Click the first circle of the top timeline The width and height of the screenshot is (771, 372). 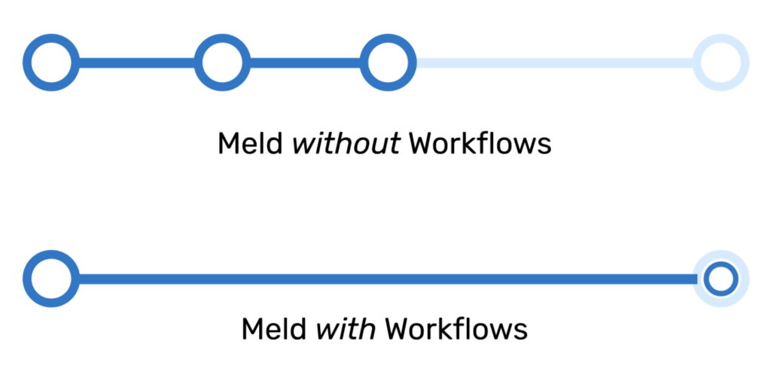pyautogui.click(x=51, y=63)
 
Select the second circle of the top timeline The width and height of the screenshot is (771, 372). pyautogui.click(x=222, y=63)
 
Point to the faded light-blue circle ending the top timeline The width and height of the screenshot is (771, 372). pyautogui.click(x=721, y=63)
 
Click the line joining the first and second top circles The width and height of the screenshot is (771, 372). pyautogui.click(x=136, y=63)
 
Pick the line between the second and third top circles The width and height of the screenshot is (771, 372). pyautogui.click(x=305, y=63)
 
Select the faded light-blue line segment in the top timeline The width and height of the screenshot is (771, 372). pyautogui.click(x=554, y=63)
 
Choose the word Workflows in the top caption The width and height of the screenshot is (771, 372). pyautogui.click(x=480, y=143)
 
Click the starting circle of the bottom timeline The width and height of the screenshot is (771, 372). pyautogui.click(x=51, y=279)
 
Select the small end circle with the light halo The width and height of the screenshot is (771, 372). pyautogui.click(x=721, y=279)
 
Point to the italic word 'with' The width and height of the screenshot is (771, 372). pyautogui.click(x=346, y=329)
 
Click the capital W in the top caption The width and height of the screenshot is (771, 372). pyautogui.click(x=422, y=143)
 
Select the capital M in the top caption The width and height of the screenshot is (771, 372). pyautogui.click(x=228, y=143)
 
